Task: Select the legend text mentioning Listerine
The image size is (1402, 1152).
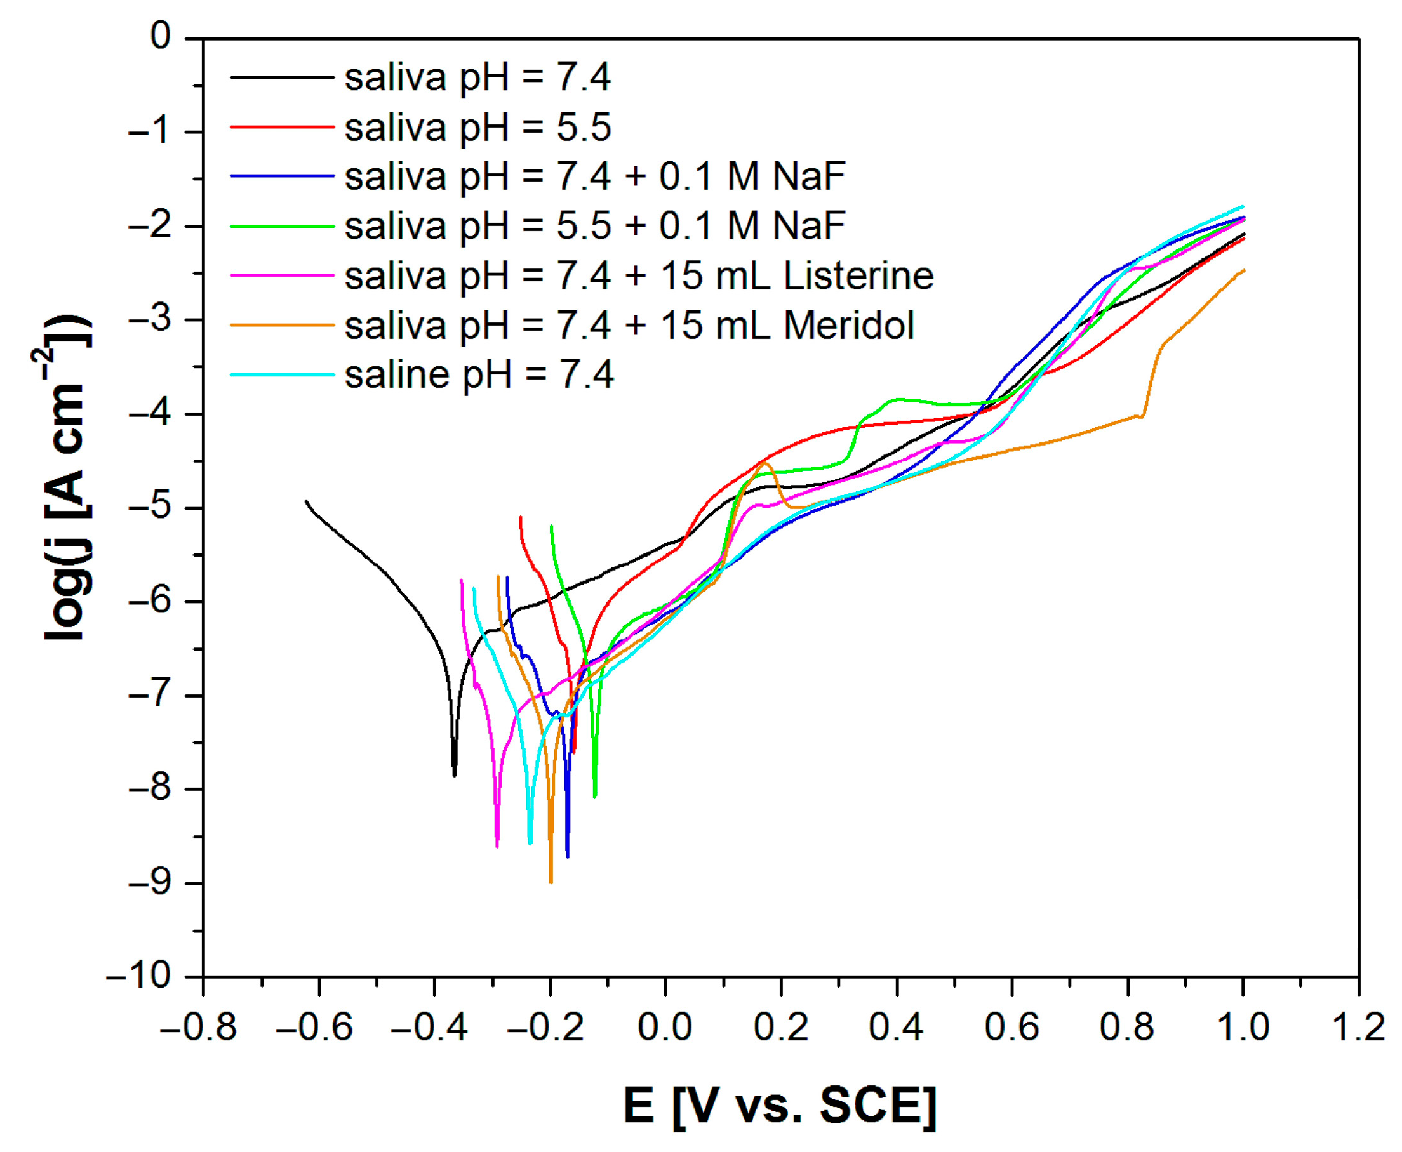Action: tap(639, 275)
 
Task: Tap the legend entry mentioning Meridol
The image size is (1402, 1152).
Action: tap(629, 325)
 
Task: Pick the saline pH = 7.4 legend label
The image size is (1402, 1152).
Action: tap(479, 375)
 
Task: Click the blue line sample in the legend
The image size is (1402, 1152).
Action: tap(281, 176)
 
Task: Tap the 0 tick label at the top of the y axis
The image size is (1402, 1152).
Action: tap(160, 37)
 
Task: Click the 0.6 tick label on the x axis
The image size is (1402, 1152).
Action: tap(1011, 1027)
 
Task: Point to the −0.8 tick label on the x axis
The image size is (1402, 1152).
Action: tap(199, 1027)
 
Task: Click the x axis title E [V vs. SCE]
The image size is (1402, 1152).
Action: tap(779, 1106)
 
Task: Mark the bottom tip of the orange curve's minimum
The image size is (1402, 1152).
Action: tap(551, 882)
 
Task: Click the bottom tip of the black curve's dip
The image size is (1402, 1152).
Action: tap(455, 775)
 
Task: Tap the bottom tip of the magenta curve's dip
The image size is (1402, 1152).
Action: tap(497, 847)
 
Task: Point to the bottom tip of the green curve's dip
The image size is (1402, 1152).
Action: tap(595, 797)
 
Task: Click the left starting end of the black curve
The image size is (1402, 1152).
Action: tap(306, 501)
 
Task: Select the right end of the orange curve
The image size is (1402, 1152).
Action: tap(1244, 270)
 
